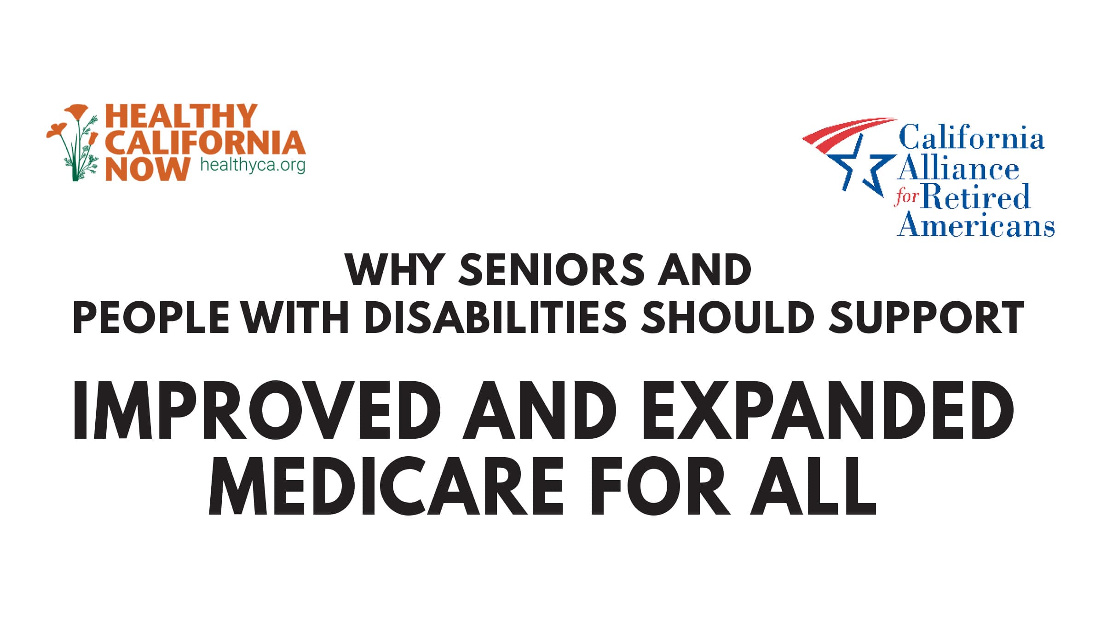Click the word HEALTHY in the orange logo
181,116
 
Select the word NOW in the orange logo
147,169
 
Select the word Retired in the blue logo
975,197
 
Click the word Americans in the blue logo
975,225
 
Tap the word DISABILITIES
495,318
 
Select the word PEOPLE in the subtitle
151,318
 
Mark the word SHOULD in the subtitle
728,318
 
